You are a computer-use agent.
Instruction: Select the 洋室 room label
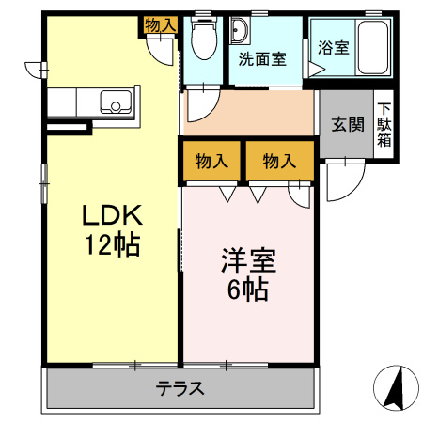pyautogui.click(x=247, y=258)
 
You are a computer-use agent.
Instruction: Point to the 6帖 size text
pyautogui.click(x=247, y=289)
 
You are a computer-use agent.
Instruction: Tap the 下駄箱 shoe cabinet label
pyautogui.click(x=385, y=124)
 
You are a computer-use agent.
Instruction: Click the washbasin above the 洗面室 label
pyautogui.click(x=237, y=31)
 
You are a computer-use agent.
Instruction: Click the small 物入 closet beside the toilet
pyautogui.click(x=160, y=25)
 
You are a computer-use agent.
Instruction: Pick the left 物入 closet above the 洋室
pyautogui.click(x=211, y=161)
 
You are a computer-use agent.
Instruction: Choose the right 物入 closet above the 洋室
pyautogui.click(x=279, y=161)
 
